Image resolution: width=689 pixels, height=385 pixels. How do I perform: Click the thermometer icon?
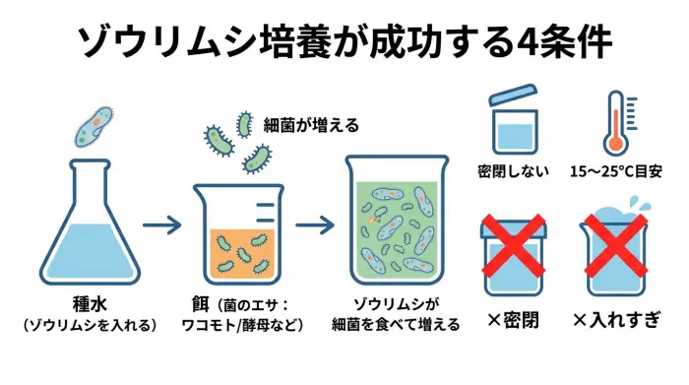click(x=617, y=123)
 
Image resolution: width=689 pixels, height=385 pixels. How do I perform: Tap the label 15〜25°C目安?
click(x=616, y=171)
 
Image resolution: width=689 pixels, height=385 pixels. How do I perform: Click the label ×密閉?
click(x=513, y=320)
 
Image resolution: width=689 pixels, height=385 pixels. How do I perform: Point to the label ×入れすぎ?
click(x=616, y=320)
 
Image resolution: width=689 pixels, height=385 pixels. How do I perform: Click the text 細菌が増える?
click(x=311, y=125)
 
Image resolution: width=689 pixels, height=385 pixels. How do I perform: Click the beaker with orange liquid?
click(x=241, y=236)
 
